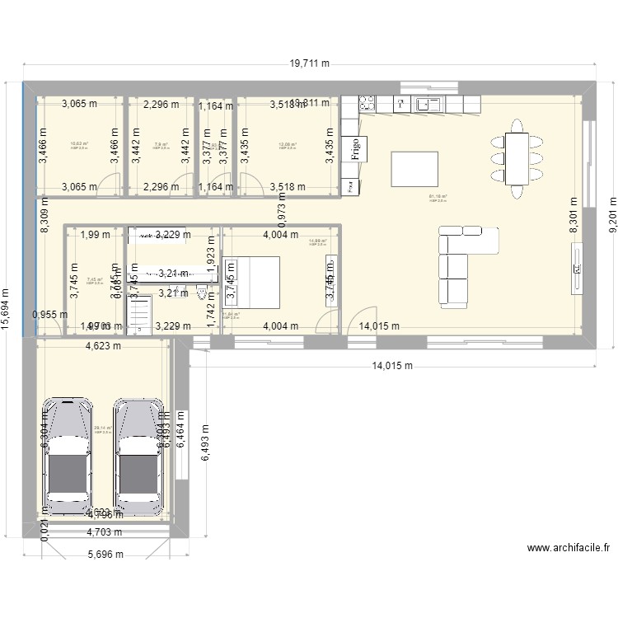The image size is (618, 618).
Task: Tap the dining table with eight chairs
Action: [x=517, y=157]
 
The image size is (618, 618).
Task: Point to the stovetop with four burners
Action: [x=366, y=104]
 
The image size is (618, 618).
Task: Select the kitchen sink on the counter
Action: [x=428, y=104]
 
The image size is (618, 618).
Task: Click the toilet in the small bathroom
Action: [x=202, y=293]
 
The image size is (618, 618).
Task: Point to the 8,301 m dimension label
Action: [x=574, y=216]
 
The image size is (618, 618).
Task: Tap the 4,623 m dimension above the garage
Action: [x=103, y=346]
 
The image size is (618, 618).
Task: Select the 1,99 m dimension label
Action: [x=95, y=235]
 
